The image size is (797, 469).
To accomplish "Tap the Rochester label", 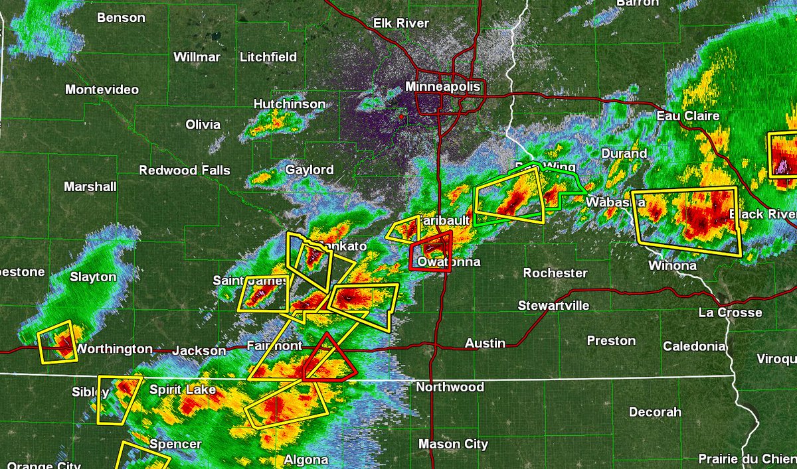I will pyautogui.click(x=555, y=273).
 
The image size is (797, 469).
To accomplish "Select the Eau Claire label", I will pyautogui.click(x=687, y=116).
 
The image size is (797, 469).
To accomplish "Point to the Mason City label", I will pyautogui.click(x=453, y=444).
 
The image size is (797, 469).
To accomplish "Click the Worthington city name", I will pyautogui.click(x=114, y=349).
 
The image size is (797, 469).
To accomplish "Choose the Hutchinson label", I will pyautogui.click(x=290, y=104).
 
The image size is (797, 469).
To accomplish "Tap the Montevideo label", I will pyautogui.click(x=102, y=90).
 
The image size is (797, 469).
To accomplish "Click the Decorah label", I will pyautogui.click(x=655, y=412).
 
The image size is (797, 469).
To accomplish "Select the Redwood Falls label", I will pyautogui.click(x=185, y=170).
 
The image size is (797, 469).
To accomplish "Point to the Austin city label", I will pyautogui.click(x=485, y=344).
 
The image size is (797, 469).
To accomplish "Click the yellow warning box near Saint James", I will pyautogui.click(x=263, y=293).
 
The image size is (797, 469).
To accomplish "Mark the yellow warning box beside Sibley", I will pyautogui.click(x=118, y=399).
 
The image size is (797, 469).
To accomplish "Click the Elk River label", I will pyautogui.click(x=400, y=23).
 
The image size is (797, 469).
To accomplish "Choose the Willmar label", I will pyautogui.click(x=197, y=57).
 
